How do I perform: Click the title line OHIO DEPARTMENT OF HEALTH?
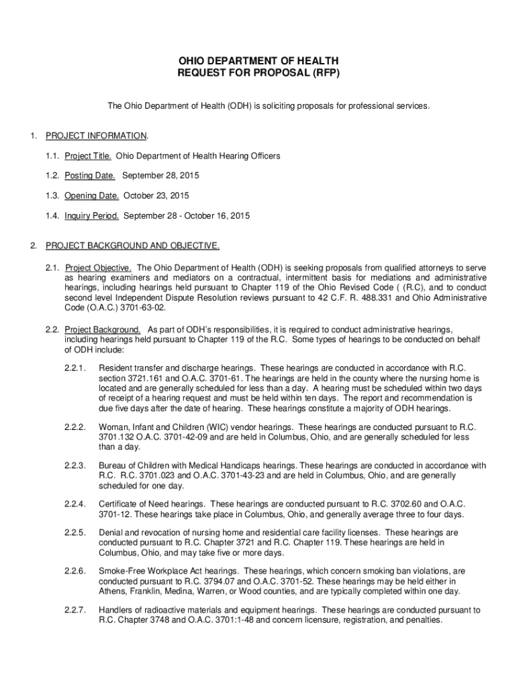tap(258, 61)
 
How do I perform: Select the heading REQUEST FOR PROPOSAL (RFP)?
tap(258, 73)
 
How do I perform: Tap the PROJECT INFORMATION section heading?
tap(95, 136)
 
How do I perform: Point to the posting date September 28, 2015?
tap(160, 176)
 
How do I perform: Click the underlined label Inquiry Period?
tap(92, 216)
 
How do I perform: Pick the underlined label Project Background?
tap(102, 330)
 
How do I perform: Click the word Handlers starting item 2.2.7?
tap(116, 611)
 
